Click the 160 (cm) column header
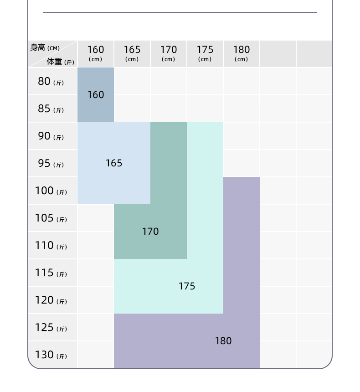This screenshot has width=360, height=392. coord(96,53)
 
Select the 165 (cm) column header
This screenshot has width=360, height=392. coord(132,53)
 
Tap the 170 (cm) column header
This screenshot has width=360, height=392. coord(169,53)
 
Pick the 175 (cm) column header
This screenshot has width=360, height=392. coord(205,53)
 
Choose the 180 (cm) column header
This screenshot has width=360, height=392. coord(242,53)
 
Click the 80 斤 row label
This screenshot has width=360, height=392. coord(51,82)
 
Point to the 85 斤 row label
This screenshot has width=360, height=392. coord(51,109)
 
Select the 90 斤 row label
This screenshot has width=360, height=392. coord(51,136)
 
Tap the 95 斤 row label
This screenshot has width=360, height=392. coord(51,164)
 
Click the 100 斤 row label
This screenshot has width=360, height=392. coord(51,191)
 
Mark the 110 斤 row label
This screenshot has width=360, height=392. coord(51,246)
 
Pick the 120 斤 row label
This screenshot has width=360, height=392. coord(51,300)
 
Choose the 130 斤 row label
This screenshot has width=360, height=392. coord(51,355)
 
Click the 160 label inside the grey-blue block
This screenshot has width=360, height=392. coord(96,95)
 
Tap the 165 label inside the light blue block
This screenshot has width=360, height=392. coord(114,163)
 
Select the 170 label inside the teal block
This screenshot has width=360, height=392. coord(150,232)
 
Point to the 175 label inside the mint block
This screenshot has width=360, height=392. coord(187,286)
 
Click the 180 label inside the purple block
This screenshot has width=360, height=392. coord(223,341)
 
